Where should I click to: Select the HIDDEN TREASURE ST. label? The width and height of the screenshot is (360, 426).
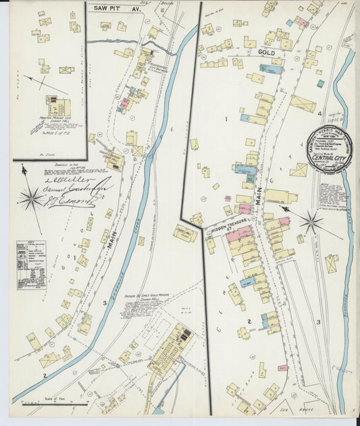click(234, 231)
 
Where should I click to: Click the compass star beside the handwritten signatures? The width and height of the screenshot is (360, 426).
click(30, 198)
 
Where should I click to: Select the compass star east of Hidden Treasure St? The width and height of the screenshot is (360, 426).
click(311, 221)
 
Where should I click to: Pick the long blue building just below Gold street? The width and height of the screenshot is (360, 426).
click(270, 69)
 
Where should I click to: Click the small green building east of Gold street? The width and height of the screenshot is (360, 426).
click(320, 84)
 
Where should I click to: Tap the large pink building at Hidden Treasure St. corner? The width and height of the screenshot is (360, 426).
click(240, 234)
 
